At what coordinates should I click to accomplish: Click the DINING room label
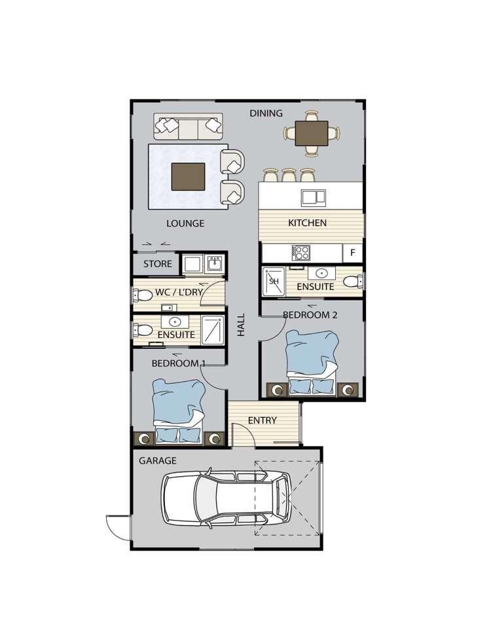pyautogui.click(x=266, y=113)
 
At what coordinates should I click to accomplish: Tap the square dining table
pyautogui.click(x=312, y=134)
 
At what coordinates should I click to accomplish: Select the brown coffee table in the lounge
pyautogui.click(x=188, y=176)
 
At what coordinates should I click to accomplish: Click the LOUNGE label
pyautogui.click(x=185, y=223)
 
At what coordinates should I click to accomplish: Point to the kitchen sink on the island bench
pyautogui.click(x=314, y=198)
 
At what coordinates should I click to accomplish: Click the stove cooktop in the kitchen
pyautogui.click(x=301, y=253)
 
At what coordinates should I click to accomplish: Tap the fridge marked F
pyautogui.click(x=352, y=253)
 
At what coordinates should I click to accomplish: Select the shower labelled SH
pyautogui.click(x=274, y=282)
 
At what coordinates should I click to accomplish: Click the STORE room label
pyautogui.click(x=158, y=264)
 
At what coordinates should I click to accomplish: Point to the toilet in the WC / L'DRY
pyautogui.click(x=142, y=295)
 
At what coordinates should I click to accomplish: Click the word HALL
pyautogui.click(x=242, y=325)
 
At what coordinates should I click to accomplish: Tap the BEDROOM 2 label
pyautogui.click(x=310, y=315)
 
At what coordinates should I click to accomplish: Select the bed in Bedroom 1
pyautogui.click(x=179, y=411)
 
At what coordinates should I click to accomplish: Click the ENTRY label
pyautogui.click(x=263, y=420)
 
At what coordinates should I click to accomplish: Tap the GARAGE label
pyautogui.click(x=158, y=460)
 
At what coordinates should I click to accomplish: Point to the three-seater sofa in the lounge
pyautogui.click(x=188, y=127)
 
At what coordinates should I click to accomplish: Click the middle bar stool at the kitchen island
pyautogui.click(x=289, y=175)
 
